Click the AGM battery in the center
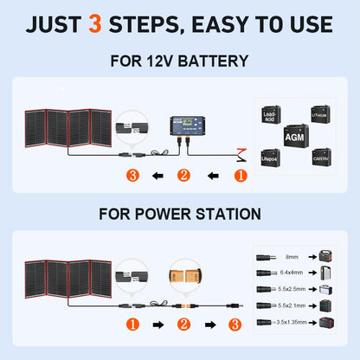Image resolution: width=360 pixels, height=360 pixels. click(292, 135)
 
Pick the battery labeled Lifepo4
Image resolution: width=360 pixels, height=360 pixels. click(270, 156)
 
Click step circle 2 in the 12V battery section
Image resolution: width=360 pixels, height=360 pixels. click(183, 176)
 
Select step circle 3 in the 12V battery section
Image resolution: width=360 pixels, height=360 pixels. click(132, 176)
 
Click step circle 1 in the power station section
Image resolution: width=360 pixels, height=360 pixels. click(132, 325)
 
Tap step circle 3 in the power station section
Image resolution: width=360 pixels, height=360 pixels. click(235, 325)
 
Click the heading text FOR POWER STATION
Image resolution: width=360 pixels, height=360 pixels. click(179, 212)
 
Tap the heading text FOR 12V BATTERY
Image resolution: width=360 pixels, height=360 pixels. click(179, 61)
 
